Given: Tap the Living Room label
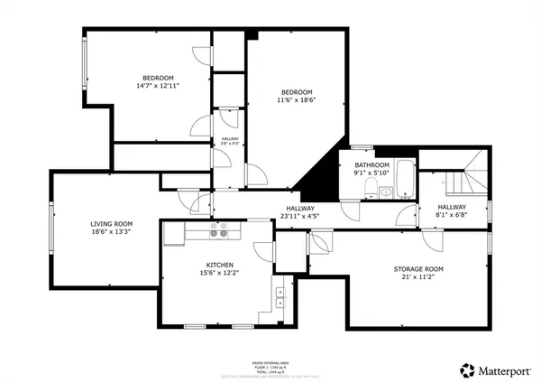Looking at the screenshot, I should pyautogui.click(x=111, y=223).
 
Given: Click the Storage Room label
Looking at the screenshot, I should pyautogui.click(x=418, y=269).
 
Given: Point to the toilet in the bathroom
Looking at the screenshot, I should pyautogui.click(x=371, y=188).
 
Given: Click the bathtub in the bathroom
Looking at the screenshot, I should pyautogui.click(x=405, y=179).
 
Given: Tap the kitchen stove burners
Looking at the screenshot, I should pyautogui.click(x=218, y=233).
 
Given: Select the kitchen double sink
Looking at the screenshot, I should pyautogui.click(x=280, y=299).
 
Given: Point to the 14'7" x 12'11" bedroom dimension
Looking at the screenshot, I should pyautogui.click(x=158, y=86).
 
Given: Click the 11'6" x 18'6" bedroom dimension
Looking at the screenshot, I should pyautogui.click(x=296, y=100).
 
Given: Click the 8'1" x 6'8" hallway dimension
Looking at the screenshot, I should pyautogui.click(x=452, y=215).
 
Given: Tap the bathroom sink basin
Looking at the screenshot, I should pyautogui.click(x=386, y=191).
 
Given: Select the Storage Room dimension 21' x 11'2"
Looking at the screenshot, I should pyautogui.click(x=418, y=277).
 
